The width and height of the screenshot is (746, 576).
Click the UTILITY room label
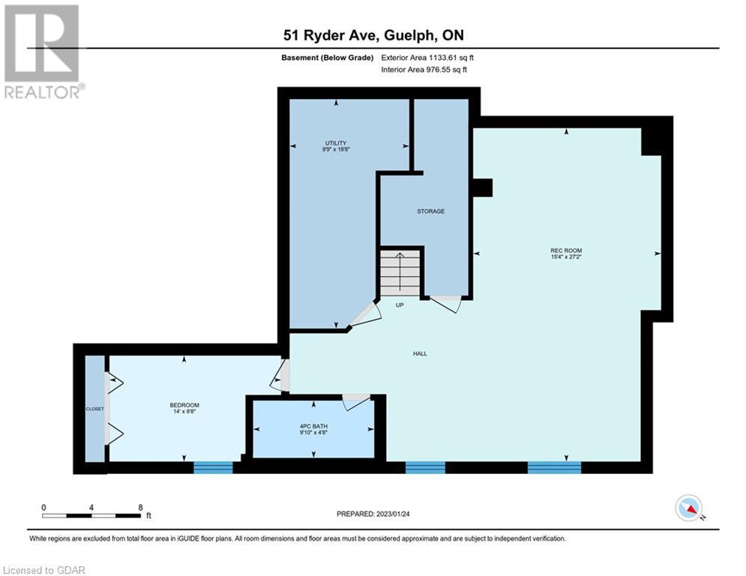335,142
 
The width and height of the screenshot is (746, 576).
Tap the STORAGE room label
430,211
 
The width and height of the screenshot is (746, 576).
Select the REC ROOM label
566,250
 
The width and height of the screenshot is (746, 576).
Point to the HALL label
420,354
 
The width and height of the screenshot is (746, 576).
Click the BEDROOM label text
184,405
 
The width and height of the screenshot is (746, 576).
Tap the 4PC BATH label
313,427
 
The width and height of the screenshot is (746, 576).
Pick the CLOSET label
94,409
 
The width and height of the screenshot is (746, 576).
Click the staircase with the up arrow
400,274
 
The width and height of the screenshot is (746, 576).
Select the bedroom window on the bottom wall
213,467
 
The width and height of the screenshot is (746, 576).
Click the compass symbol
689,508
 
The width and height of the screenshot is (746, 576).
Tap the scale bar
91,515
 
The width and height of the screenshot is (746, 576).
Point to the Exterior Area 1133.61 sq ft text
427,58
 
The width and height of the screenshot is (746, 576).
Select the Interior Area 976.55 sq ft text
424,70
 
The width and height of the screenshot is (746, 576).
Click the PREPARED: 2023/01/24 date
373,514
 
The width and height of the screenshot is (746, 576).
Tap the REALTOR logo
43,52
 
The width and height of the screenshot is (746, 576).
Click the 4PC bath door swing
356,402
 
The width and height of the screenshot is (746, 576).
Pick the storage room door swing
446,304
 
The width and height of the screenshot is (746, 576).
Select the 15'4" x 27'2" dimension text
566,257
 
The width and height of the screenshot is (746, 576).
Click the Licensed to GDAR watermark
43,570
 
